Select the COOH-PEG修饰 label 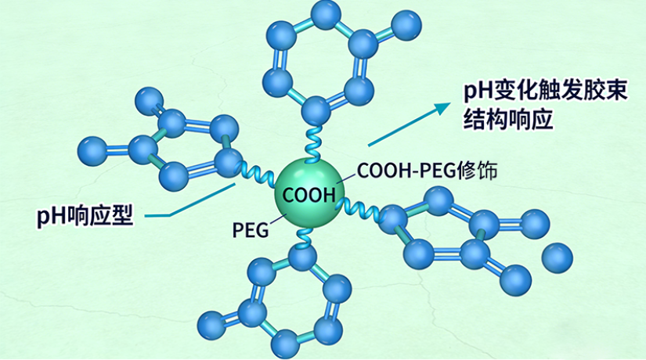tap(426, 171)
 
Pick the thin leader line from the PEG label tap(276, 221)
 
